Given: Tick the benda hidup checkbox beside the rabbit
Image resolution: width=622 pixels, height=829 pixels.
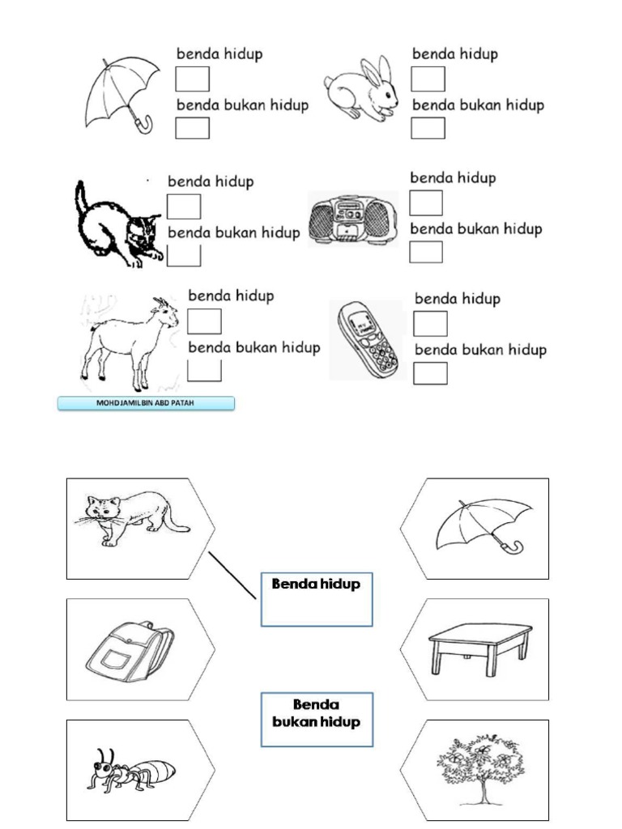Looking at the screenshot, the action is (x=428, y=79).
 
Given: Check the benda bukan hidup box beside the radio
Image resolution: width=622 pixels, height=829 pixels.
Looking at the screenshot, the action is (x=426, y=253).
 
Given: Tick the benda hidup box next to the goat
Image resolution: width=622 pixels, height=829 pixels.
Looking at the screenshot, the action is (x=204, y=321).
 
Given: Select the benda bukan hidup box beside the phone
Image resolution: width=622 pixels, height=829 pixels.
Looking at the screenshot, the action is (x=431, y=374).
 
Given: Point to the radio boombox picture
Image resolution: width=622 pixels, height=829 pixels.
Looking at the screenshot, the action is (x=354, y=219).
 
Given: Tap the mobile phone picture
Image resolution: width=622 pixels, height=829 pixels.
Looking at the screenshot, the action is (x=366, y=339).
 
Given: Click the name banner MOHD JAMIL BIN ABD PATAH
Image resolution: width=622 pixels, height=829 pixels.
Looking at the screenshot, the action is (x=146, y=403).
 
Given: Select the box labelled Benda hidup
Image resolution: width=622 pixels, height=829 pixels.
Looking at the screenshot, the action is (x=317, y=599).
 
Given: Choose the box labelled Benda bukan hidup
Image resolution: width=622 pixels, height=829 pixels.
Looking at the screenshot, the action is (x=317, y=719).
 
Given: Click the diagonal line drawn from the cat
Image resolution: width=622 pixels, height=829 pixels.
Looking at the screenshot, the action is (x=233, y=576).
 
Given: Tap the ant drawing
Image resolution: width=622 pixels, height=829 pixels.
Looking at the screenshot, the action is (x=130, y=769).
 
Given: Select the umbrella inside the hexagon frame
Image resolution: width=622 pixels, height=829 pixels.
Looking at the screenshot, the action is (x=483, y=525).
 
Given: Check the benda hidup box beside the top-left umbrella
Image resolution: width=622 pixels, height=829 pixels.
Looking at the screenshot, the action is (x=193, y=79).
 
